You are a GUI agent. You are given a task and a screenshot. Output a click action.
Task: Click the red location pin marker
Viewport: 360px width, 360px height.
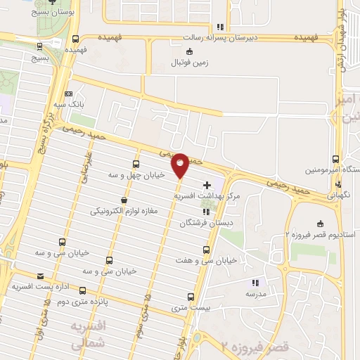(x=180, y=165)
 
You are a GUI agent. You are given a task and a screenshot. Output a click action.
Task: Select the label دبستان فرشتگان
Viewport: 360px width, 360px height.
(x=205, y=222)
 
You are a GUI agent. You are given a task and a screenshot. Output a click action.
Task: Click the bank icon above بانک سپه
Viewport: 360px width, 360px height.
(x=68, y=94)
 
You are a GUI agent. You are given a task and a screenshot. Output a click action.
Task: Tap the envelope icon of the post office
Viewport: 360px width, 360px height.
(x=40, y=276)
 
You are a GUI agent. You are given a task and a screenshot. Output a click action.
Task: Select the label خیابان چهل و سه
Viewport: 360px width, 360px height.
(x=137, y=174)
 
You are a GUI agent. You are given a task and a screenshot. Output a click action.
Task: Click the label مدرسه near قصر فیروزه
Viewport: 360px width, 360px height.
(x=254, y=295)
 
